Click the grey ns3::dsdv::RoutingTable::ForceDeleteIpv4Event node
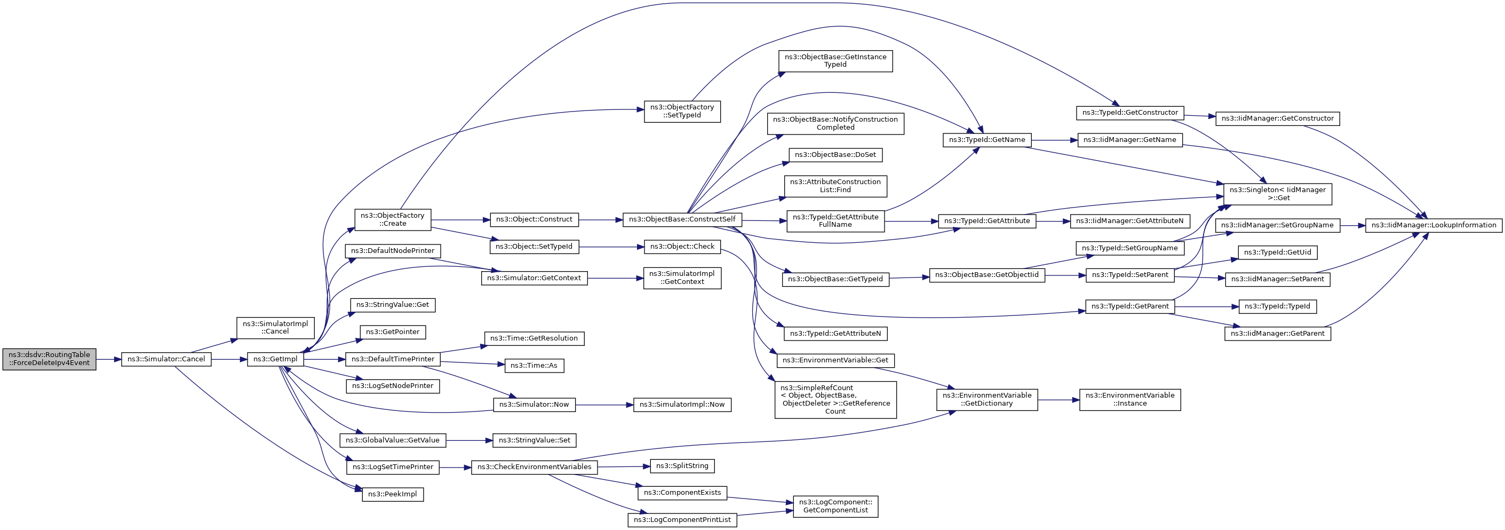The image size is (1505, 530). coord(49,359)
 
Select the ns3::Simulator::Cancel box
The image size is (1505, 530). coord(166,359)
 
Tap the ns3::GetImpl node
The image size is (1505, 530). coord(275,359)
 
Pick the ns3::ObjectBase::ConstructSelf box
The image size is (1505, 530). coord(682,219)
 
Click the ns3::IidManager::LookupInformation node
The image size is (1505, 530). coord(1433,225)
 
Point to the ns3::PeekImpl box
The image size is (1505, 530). coord(393,494)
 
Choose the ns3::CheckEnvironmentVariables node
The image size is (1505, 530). coord(534,467)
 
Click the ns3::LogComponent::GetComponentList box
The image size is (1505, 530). coord(835,506)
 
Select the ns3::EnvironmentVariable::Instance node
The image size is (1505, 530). coord(1130,400)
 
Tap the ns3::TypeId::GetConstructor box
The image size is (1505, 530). coord(1130,113)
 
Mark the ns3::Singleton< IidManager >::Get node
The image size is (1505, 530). coord(1278,194)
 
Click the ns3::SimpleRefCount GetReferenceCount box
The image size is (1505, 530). coord(835,400)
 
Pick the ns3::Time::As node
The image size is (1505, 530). coord(533,366)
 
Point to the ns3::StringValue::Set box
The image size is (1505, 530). coord(534,440)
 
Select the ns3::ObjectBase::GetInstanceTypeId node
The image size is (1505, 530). coord(835,61)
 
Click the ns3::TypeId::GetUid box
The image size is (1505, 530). coord(1277,252)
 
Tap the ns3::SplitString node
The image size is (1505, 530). coord(682,466)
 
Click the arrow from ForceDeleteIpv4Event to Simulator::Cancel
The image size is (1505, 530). coord(108,359)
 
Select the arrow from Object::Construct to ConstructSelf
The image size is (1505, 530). coord(601,220)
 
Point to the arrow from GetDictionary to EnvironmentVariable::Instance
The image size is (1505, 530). coord(1058,400)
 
